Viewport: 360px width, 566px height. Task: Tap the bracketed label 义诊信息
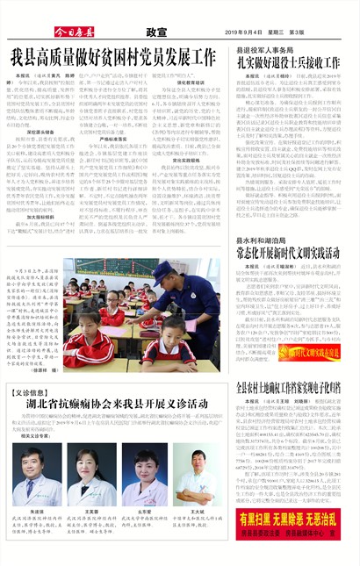(37, 393)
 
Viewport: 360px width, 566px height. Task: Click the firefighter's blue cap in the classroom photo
(162, 271)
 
